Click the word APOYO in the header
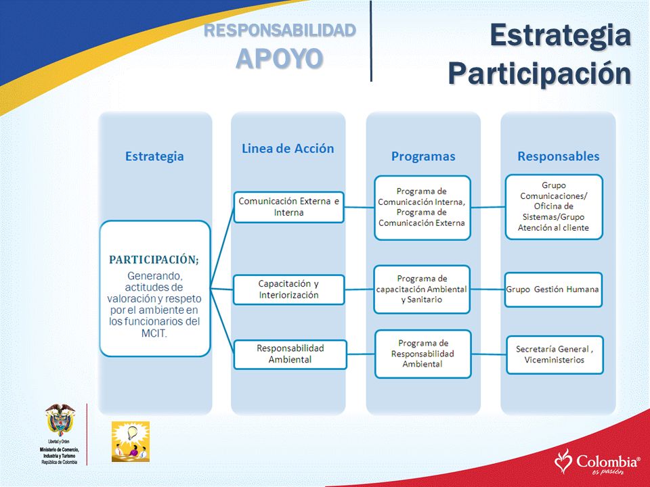[280, 58]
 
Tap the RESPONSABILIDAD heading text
[280, 30]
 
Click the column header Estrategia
[154, 156]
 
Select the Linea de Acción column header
[288, 148]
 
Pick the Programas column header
[423, 156]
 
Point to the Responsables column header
[559, 156]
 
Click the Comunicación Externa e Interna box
[289, 207]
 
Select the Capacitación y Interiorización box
[289, 289]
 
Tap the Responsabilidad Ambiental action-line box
[290, 354]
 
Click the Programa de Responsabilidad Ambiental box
[422, 354]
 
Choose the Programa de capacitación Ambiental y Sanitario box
[422, 289]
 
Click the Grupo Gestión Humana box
[553, 289]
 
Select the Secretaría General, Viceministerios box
[555, 354]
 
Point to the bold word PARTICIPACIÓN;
[154, 260]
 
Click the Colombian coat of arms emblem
[60, 420]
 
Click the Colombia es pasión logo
[597, 462]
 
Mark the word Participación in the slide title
[540, 74]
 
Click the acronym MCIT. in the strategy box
[154, 333]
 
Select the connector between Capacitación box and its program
[359, 289]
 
